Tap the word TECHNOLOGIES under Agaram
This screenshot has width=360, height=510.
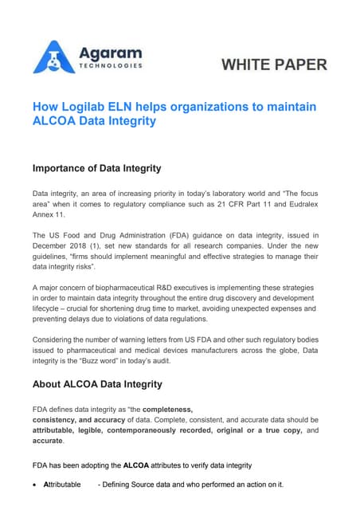point(111,66)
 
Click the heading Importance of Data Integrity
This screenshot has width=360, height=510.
point(96,168)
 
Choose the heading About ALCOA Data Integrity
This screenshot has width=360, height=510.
point(97,384)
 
